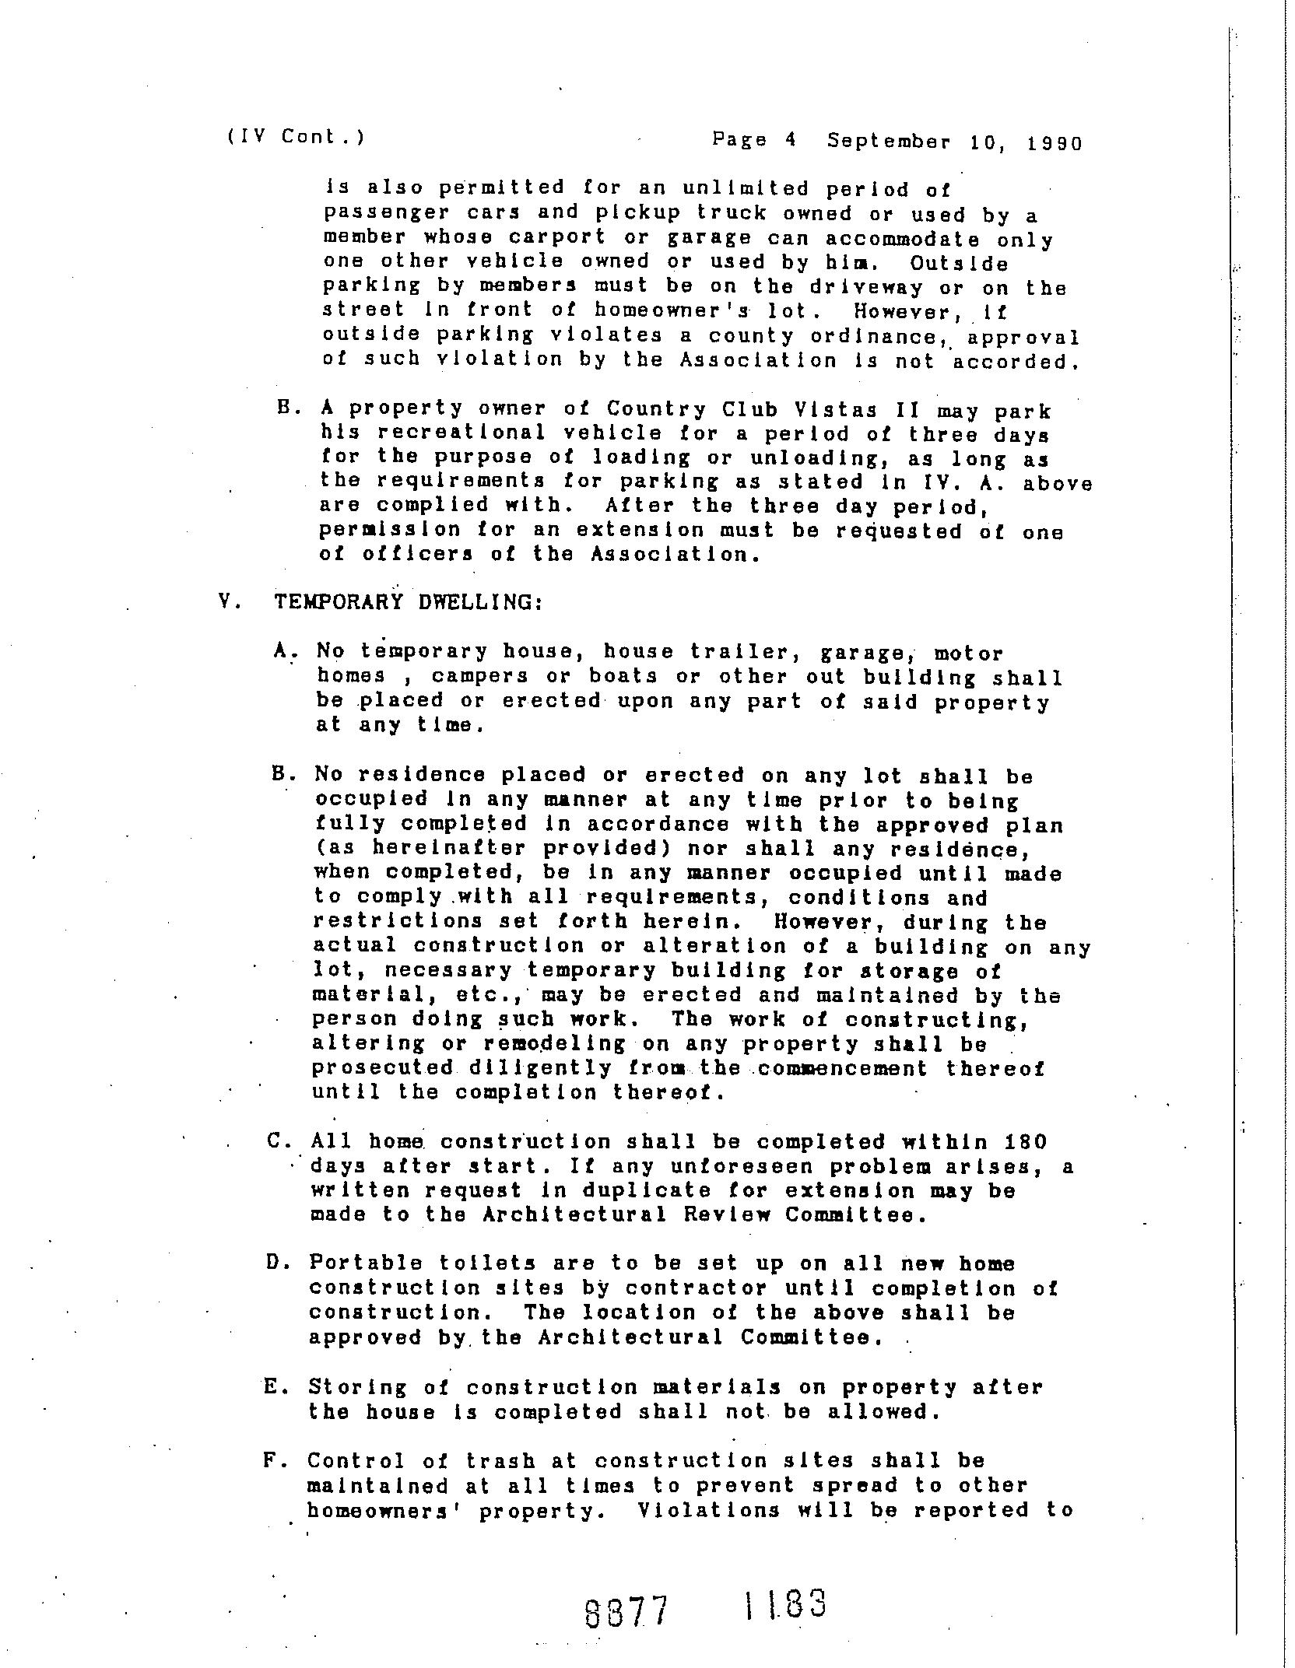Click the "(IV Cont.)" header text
pos(296,137)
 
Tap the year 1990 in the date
pos(1055,143)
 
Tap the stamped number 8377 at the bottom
pos(626,1612)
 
